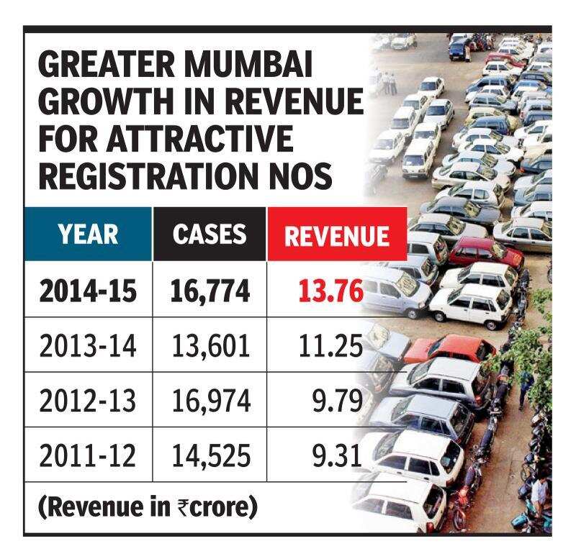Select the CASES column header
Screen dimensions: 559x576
tap(210, 234)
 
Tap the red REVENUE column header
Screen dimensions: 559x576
tap(336, 235)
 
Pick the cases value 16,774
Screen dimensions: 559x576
tap(210, 291)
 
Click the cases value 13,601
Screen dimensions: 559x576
tap(210, 347)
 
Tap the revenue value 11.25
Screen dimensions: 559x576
tap(328, 347)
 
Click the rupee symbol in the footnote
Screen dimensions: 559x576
tap(185, 508)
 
